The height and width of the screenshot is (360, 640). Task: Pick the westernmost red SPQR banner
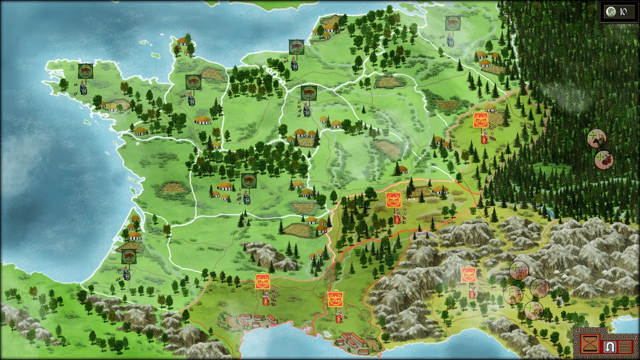[x=262, y=282]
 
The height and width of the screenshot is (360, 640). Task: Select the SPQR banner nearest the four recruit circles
[x=469, y=275]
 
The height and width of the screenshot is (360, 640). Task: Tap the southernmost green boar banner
[x=128, y=257]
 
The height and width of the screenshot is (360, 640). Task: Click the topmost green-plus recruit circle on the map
[x=596, y=138]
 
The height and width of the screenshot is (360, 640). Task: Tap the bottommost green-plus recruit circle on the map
[x=533, y=310]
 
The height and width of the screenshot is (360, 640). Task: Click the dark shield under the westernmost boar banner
[x=84, y=91]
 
